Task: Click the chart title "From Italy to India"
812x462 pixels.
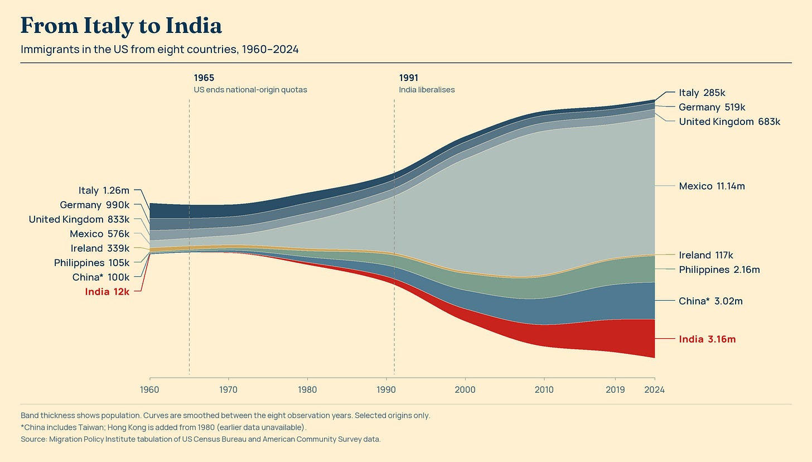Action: [121, 26]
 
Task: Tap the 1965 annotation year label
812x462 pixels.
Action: [204, 78]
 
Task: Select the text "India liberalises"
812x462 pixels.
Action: [427, 90]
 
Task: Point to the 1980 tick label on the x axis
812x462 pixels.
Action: [307, 390]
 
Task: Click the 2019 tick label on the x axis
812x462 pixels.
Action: [615, 390]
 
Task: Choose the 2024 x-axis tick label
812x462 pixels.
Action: [655, 390]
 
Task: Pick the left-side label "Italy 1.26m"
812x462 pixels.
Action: [104, 190]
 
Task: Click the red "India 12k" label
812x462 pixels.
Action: [107, 292]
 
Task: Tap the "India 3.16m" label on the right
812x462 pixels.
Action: [707, 339]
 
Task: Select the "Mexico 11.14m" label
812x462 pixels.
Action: [712, 186]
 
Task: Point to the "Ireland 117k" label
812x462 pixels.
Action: [706, 256]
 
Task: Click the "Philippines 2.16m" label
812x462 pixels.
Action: [719, 270]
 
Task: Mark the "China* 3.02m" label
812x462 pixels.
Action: [710, 301]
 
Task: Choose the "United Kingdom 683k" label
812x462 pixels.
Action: [729, 122]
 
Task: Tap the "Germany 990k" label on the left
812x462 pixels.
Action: [95, 205]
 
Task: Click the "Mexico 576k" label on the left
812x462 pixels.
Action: [100, 234]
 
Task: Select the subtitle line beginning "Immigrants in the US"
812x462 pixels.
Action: [159, 49]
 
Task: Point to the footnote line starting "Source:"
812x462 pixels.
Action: [200, 439]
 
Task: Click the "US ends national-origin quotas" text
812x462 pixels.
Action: [250, 90]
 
